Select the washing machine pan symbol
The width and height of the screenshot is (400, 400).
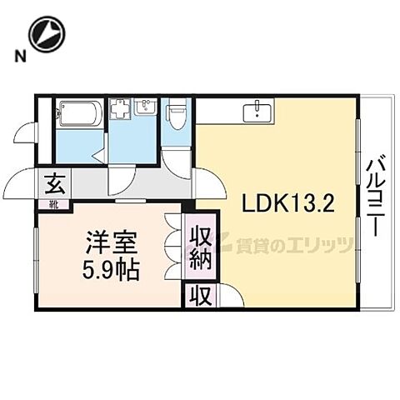click(122, 110)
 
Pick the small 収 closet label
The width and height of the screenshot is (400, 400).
click(202, 295)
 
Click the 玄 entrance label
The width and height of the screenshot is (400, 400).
click(53, 181)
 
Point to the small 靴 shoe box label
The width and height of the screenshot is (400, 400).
click(52, 202)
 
